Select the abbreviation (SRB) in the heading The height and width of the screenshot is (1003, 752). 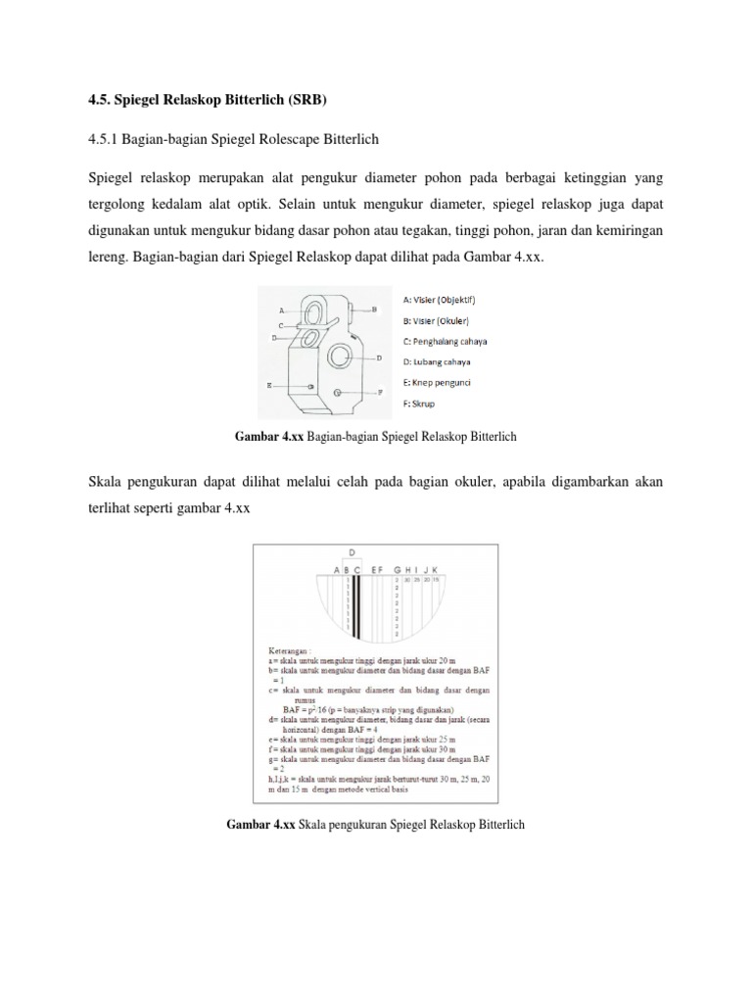309,101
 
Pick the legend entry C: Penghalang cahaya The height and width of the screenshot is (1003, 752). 446,342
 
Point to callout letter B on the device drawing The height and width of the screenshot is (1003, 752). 374,309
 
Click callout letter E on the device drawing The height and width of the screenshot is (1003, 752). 269,386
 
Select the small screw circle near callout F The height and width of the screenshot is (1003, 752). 338,392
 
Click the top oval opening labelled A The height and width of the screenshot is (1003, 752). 313,311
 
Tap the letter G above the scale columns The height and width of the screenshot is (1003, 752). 397,569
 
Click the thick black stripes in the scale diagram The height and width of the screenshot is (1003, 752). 358,607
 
